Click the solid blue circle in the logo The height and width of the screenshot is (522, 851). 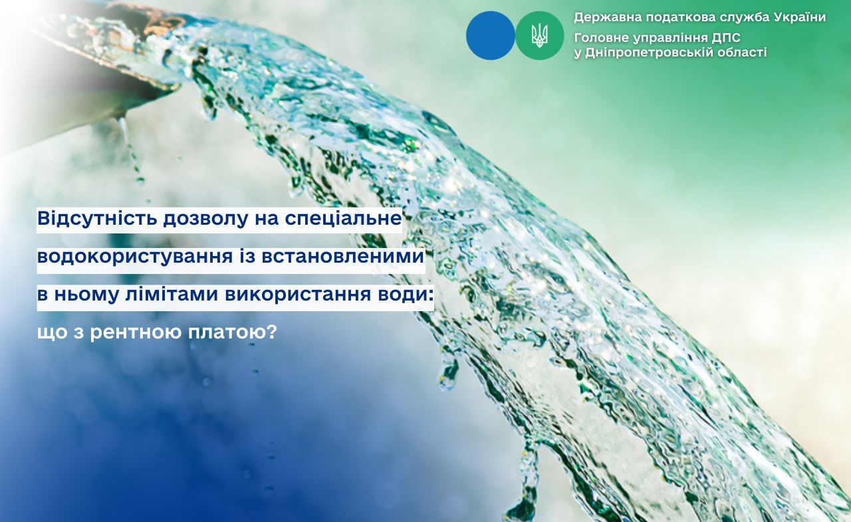(491, 35)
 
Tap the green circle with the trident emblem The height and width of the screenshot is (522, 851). (539, 35)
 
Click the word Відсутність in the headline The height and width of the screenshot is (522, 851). (97, 219)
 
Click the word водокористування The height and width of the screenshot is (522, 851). (135, 257)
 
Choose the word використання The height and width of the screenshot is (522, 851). (298, 295)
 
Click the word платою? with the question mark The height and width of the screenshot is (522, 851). (233, 332)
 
